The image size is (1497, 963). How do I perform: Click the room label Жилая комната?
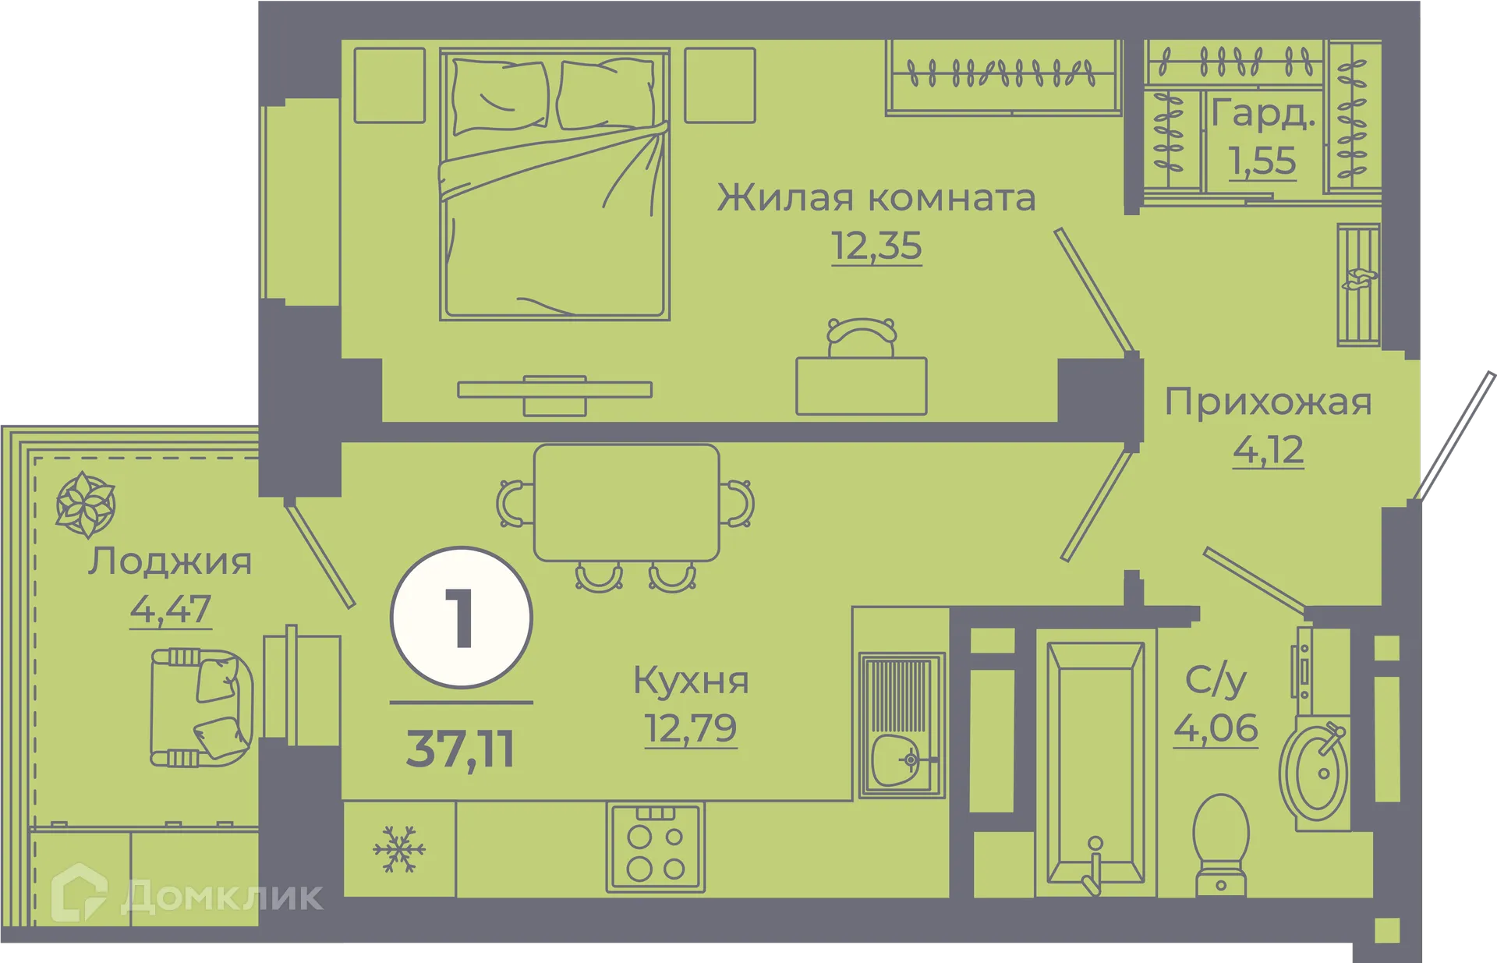(876, 198)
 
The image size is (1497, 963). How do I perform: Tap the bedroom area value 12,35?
(876, 246)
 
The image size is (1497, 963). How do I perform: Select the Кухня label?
(691, 680)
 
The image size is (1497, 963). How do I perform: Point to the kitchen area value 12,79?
(691, 728)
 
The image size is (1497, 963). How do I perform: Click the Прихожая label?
(1268, 402)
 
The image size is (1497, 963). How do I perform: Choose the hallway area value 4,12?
(1268, 450)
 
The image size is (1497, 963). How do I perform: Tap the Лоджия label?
(170, 561)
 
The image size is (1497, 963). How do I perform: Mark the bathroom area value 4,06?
(1216, 728)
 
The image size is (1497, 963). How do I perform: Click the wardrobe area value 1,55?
(1262, 161)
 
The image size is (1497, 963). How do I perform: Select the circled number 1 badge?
(462, 618)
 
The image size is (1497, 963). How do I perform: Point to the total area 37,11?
(461, 749)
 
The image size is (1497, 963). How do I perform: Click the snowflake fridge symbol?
(399, 849)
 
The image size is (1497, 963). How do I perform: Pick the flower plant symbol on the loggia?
(85, 505)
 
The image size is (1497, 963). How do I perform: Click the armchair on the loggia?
(201, 706)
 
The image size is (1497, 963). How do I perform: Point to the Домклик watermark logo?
(187, 896)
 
